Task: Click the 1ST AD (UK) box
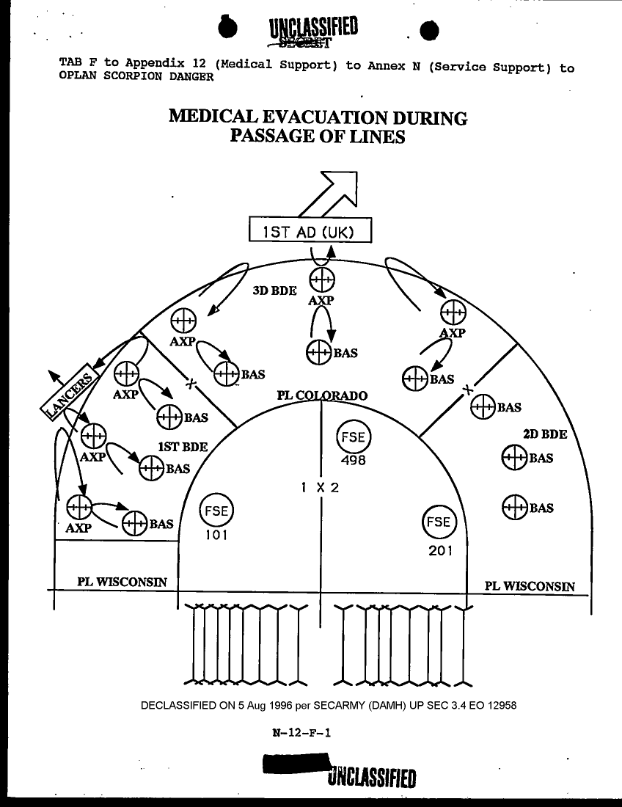(310, 231)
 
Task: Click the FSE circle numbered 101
(216, 510)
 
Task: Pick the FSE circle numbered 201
(439, 522)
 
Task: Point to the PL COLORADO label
(321, 396)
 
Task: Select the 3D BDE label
(274, 291)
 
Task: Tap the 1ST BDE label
(183, 447)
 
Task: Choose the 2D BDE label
(545, 434)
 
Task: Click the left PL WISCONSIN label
(122, 583)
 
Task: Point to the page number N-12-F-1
(301, 731)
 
